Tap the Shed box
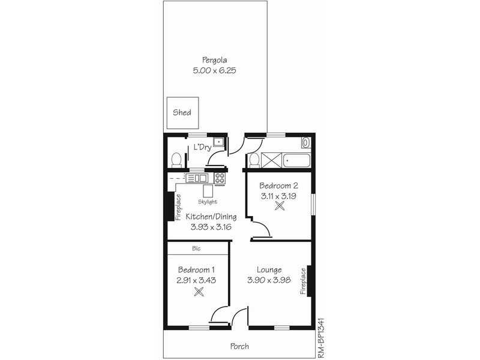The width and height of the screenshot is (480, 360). tap(182, 112)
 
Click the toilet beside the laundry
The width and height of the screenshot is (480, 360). tap(176, 160)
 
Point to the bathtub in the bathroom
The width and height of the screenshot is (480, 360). tap(296, 160)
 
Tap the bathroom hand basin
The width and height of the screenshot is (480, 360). tap(305, 143)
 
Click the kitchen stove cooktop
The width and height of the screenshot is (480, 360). tap(220, 178)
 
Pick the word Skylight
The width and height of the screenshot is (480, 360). tap(208, 202)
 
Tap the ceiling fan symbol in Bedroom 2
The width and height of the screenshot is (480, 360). tap(279, 206)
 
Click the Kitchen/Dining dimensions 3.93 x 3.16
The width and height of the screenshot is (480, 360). tap(211, 227)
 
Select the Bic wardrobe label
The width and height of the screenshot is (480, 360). tap(196, 248)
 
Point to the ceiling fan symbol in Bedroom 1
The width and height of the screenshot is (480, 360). tap(199, 292)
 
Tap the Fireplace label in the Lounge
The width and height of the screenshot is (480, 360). tap(303, 281)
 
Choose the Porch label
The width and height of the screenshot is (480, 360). tap(239, 346)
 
